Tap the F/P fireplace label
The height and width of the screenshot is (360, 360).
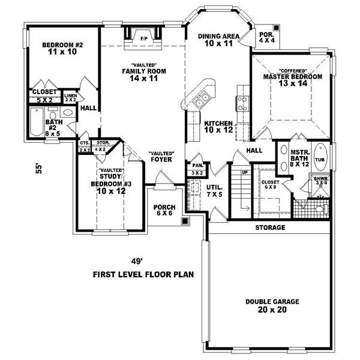(144, 38)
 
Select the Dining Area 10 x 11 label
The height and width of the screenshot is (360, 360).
(219, 40)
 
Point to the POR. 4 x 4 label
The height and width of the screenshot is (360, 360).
(267, 37)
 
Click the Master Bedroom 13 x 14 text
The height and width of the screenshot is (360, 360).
(293, 80)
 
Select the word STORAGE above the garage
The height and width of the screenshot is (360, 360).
(269, 228)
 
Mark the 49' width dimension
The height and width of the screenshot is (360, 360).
(139, 261)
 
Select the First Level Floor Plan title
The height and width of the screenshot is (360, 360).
(143, 275)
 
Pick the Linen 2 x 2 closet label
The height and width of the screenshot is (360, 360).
(70, 98)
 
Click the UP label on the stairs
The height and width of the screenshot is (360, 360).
(244, 172)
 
